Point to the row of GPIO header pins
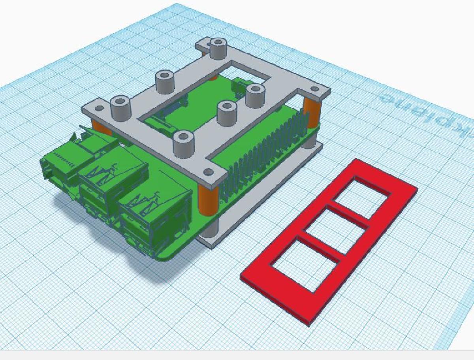click(x=261, y=154)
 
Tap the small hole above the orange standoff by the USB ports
click(x=208, y=172)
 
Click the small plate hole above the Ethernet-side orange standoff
click(x=99, y=108)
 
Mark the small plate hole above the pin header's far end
click(x=314, y=89)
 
